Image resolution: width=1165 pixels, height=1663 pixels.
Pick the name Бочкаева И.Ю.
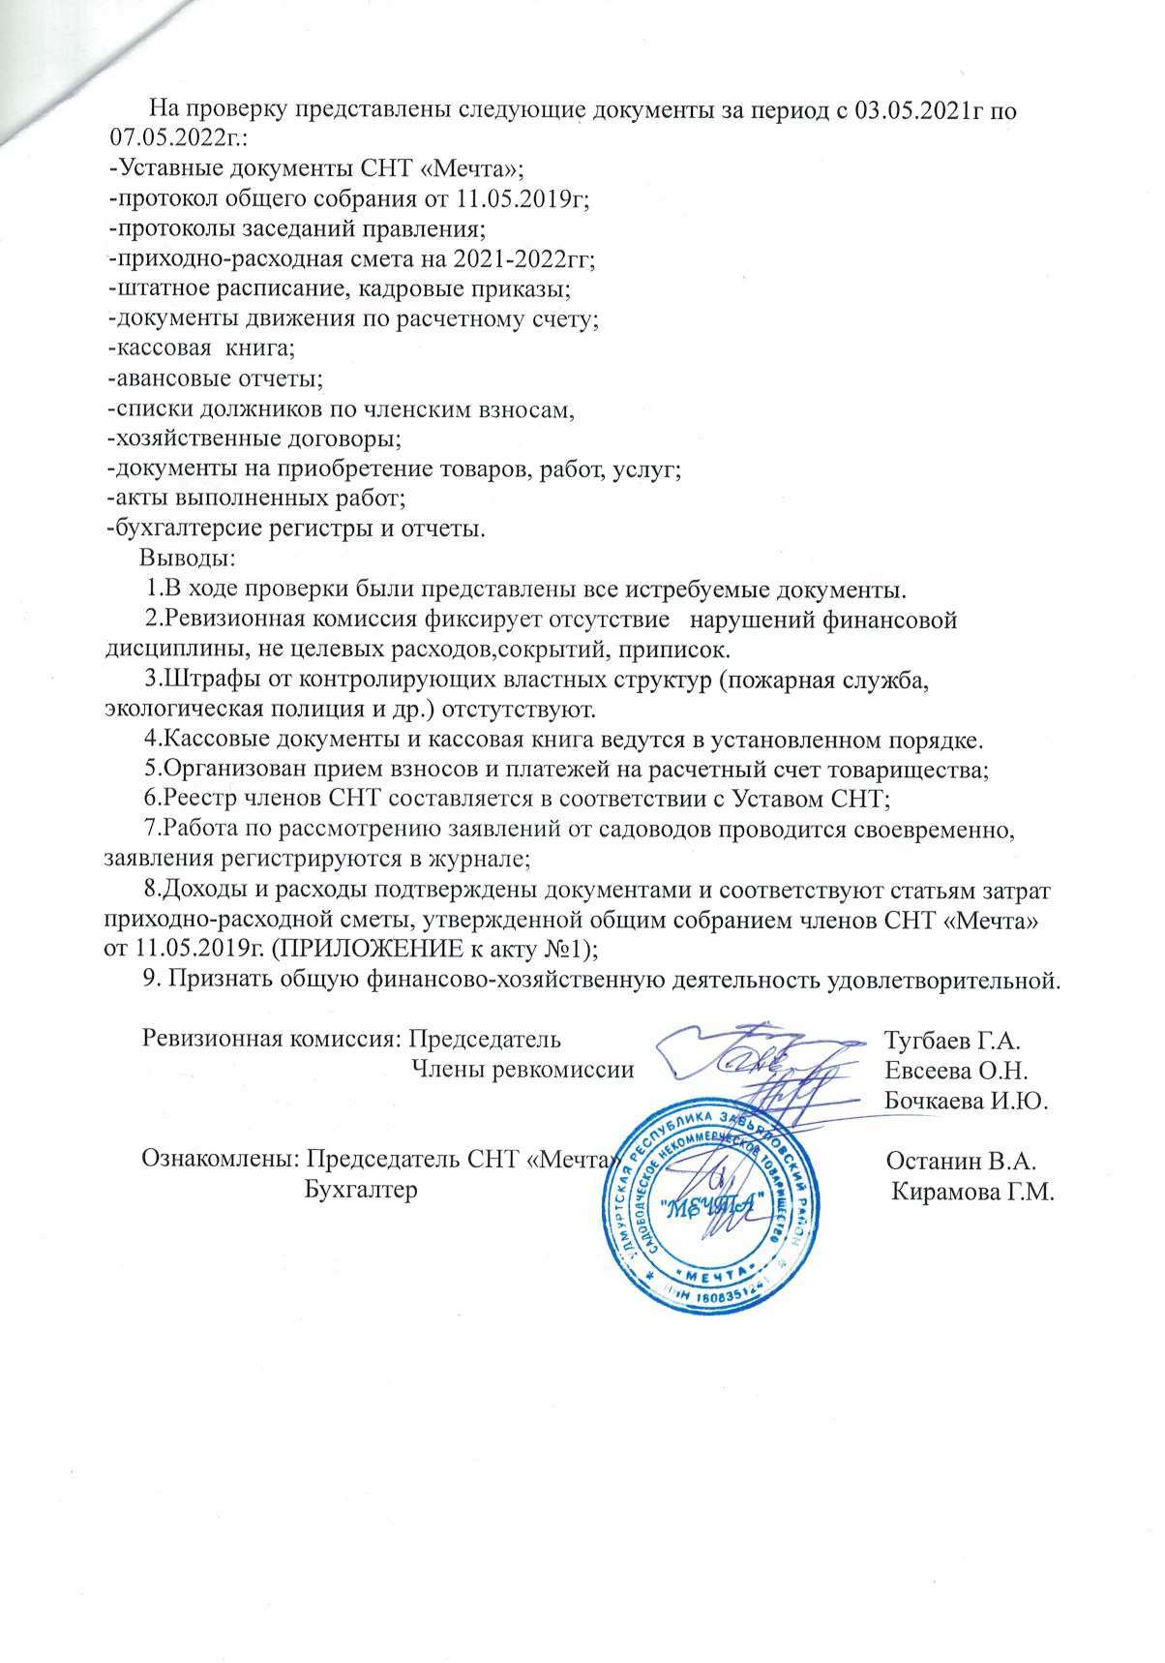pos(967,1101)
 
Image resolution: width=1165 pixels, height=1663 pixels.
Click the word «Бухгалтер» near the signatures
pos(360,1189)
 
